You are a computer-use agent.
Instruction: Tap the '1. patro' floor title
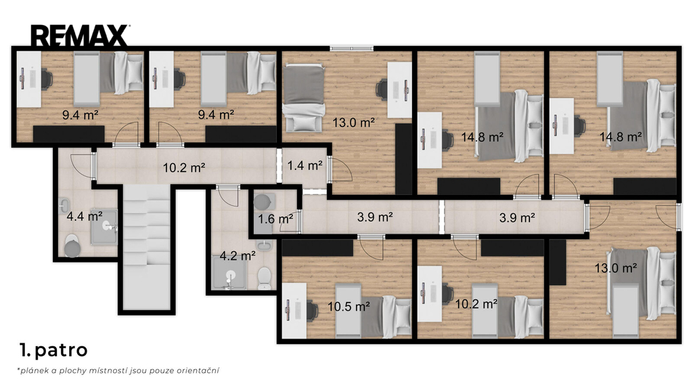(53, 350)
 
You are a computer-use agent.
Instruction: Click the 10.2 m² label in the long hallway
(184, 168)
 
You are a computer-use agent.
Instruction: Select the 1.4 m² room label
(305, 166)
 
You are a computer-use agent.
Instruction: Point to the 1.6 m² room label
(276, 219)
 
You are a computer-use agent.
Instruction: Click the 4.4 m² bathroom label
(85, 217)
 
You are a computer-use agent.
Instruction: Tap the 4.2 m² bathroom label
(238, 256)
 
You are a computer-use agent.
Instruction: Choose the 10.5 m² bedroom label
(349, 307)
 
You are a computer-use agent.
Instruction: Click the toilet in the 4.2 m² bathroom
(265, 278)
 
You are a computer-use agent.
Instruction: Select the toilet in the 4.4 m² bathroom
(72, 246)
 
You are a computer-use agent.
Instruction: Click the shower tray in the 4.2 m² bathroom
(229, 274)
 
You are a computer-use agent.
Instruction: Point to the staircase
(146, 247)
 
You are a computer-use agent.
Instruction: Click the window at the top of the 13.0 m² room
(351, 49)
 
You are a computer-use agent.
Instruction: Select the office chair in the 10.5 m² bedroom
(312, 310)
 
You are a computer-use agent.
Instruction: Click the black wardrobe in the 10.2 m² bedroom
(512, 248)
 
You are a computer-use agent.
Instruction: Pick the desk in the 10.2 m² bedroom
(430, 294)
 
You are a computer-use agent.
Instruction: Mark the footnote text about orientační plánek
(118, 370)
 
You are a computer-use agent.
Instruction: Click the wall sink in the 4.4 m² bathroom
(64, 205)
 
